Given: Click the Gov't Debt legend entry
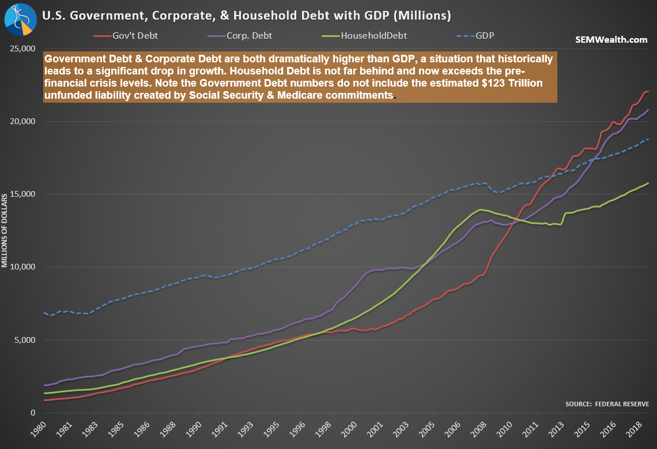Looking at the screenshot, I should click(x=125, y=36).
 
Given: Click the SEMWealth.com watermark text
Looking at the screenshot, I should click(x=611, y=40).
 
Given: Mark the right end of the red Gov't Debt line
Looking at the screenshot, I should click(x=648, y=92).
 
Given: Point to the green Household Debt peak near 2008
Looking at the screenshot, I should click(x=480, y=209).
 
